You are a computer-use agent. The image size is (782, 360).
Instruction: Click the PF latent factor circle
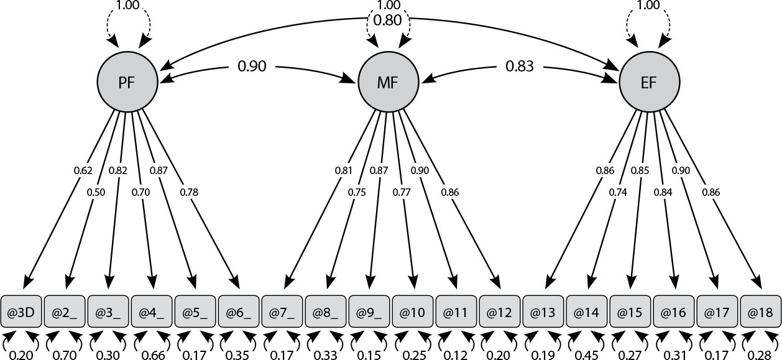(x=127, y=82)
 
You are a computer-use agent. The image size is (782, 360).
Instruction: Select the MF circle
(x=389, y=82)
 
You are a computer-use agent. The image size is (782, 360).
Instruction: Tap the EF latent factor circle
(x=650, y=82)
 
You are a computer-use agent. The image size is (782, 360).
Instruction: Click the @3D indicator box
(x=21, y=312)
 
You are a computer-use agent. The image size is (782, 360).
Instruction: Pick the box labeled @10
(x=413, y=312)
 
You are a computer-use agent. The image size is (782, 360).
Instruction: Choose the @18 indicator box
(x=761, y=312)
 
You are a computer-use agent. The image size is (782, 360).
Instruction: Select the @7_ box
(x=282, y=312)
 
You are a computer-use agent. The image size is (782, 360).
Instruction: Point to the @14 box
(x=587, y=312)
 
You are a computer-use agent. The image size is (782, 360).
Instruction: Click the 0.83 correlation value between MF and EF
(x=520, y=66)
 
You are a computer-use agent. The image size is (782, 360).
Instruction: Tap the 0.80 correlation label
(x=387, y=21)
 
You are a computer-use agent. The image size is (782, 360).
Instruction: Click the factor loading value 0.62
(x=83, y=170)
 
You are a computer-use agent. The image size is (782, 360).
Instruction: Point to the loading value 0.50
(x=96, y=192)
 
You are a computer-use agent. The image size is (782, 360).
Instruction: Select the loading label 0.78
(x=189, y=192)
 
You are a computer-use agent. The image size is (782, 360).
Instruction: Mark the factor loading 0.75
(x=357, y=192)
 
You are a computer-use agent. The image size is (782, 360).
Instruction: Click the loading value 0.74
(x=618, y=192)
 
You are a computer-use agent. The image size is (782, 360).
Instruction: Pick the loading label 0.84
(x=663, y=192)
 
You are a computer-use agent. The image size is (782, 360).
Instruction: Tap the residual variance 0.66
(x=150, y=355)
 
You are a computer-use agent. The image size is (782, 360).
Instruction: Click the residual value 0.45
(x=587, y=355)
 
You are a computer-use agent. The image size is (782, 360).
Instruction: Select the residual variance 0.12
(x=456, y=355)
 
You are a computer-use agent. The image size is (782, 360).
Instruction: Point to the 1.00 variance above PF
(x=127, y=5)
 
